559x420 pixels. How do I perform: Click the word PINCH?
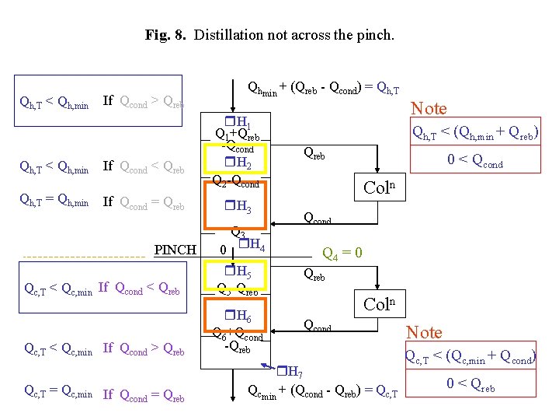pos(175,250)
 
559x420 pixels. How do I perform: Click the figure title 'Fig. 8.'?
pos(166,35)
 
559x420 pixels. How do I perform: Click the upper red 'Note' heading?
pos(429,109)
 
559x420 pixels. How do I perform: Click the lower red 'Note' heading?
pos(425,332)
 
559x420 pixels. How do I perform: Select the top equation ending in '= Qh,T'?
pos(322,89)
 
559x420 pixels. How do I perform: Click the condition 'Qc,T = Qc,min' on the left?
pos(58,394)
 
